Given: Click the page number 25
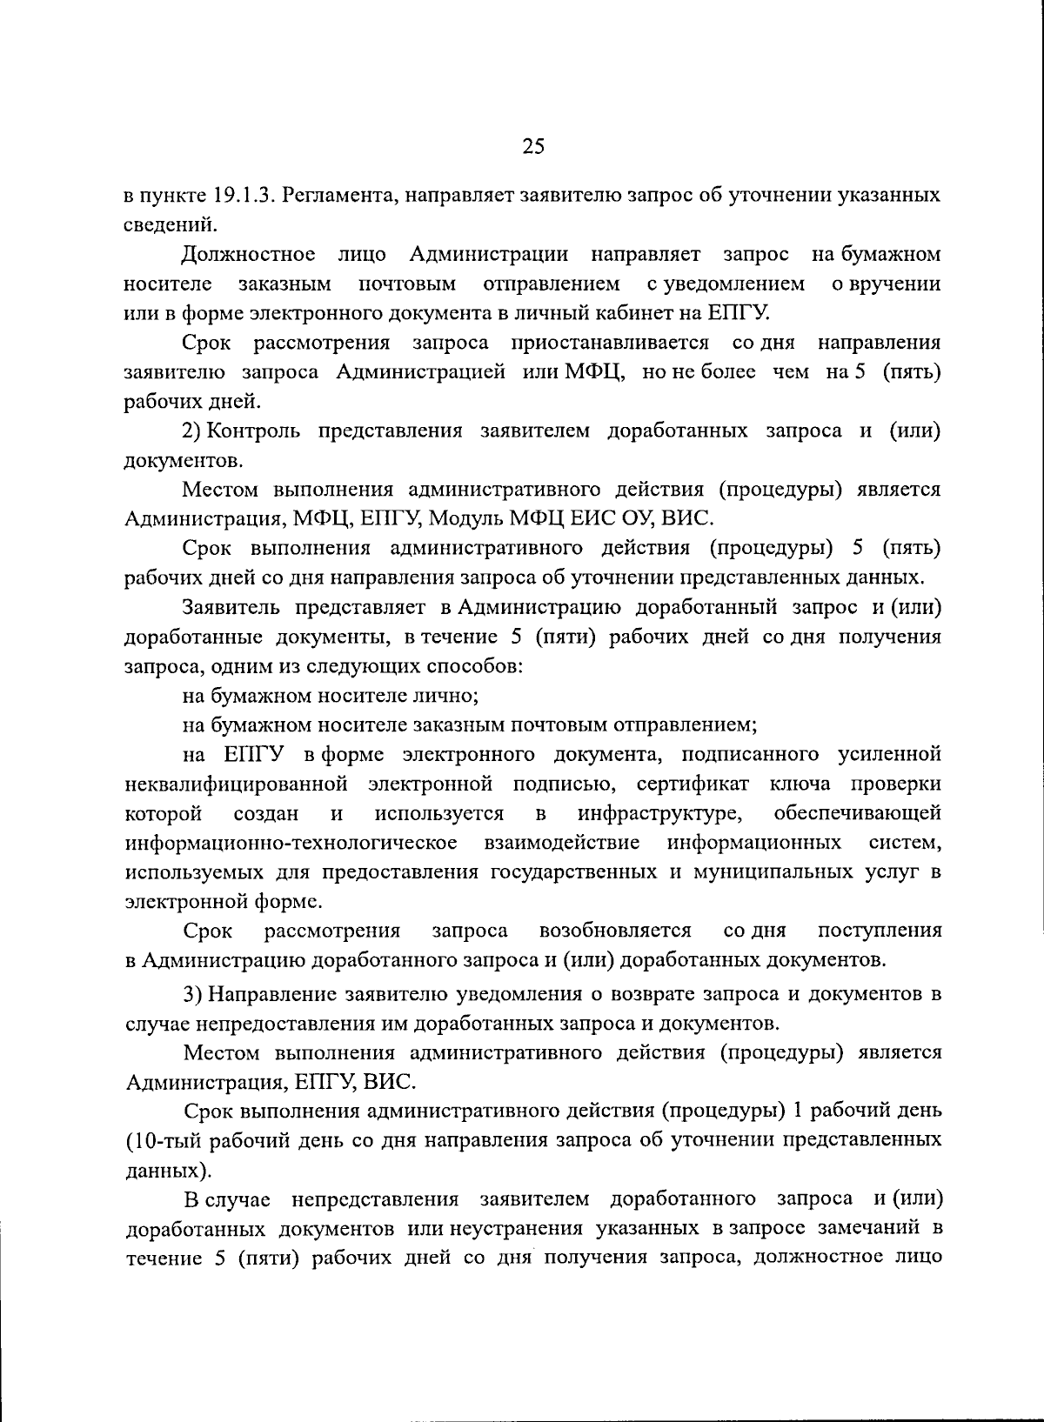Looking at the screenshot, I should pyautogui.click(x=532, y=147).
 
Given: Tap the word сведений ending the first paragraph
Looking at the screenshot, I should pyautogui.click(x=165, y=224).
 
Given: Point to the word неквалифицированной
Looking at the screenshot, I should pyautogui.click(x=236, y=784).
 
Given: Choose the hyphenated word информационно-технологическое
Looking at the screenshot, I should pyautogui.click(x=291, y=843).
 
